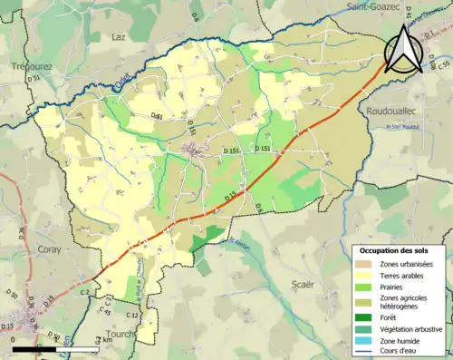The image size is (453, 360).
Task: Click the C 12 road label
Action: [132, 315]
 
